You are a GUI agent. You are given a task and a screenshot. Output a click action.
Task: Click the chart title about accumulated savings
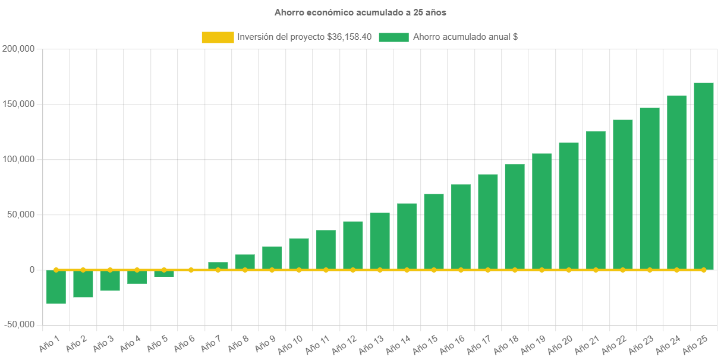click(x=360, y=12)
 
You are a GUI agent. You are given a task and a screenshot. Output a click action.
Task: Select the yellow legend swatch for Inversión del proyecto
click(x=218, y=37)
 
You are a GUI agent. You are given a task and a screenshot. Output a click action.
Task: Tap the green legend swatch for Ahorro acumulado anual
click(x=393, y=37)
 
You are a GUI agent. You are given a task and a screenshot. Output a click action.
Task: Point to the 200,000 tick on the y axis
click(x=19, y=49)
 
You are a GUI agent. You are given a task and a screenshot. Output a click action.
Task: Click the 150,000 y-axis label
click(x=19, y=104)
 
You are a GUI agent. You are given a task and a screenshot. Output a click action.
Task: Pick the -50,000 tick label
click(x=19, y=325)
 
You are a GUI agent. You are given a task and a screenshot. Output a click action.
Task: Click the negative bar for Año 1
click(x=56, y=287)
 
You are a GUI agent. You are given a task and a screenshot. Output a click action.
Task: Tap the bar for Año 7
click(x=218, y=266)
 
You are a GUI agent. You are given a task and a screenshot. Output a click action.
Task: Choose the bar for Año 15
click(x=434, y=232)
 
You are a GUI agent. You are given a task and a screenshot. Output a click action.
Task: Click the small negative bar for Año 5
click(x=164, y=273)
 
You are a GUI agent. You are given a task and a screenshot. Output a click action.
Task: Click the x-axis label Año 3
click(x=103, y=343)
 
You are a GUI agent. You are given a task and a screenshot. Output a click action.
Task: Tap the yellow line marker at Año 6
click(x=191, y=270)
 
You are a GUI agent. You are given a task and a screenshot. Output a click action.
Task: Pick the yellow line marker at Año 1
click(x=56, y=270)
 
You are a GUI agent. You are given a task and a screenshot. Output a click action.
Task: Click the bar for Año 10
click(x=299, y=254)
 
